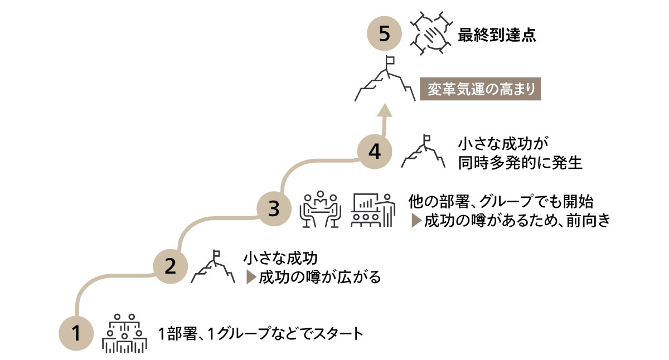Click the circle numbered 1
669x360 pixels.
coord(76,334)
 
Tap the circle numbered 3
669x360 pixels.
coord(273,209)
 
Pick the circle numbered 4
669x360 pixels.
coord(375,152)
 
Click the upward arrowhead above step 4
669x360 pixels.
coord(384,111)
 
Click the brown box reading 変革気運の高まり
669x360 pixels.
coord(481,89)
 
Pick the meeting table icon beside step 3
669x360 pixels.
coord(320,210)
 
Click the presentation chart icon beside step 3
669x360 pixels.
coord(373,210)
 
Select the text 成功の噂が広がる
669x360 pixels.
coord(319,277)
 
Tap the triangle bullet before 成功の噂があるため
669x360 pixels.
coord(415,221)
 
